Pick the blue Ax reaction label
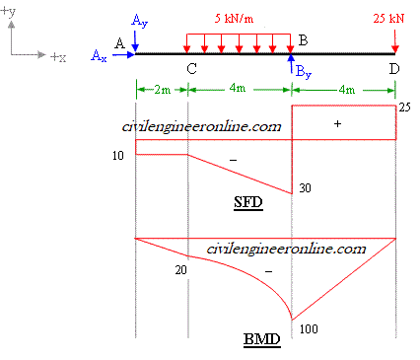[100, 57]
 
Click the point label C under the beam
[189, 68]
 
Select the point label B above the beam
[304, 39]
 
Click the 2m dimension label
[161, 90]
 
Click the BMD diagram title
[261, 341]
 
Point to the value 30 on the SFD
[305, 188]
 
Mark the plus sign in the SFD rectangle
[338, 124]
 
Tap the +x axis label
[57, 58]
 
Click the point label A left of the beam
[119, 43]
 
